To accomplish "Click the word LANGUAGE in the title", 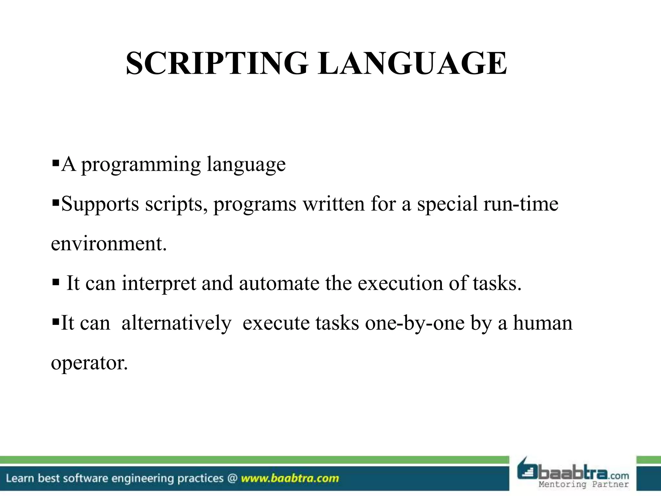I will [412, 64].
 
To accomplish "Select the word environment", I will [109, 244].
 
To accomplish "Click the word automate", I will [279, 284].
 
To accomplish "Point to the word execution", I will [400, 284].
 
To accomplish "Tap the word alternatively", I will [177, 323].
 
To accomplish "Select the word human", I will [543, 323].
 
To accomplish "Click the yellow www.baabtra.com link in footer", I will [290, 478].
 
